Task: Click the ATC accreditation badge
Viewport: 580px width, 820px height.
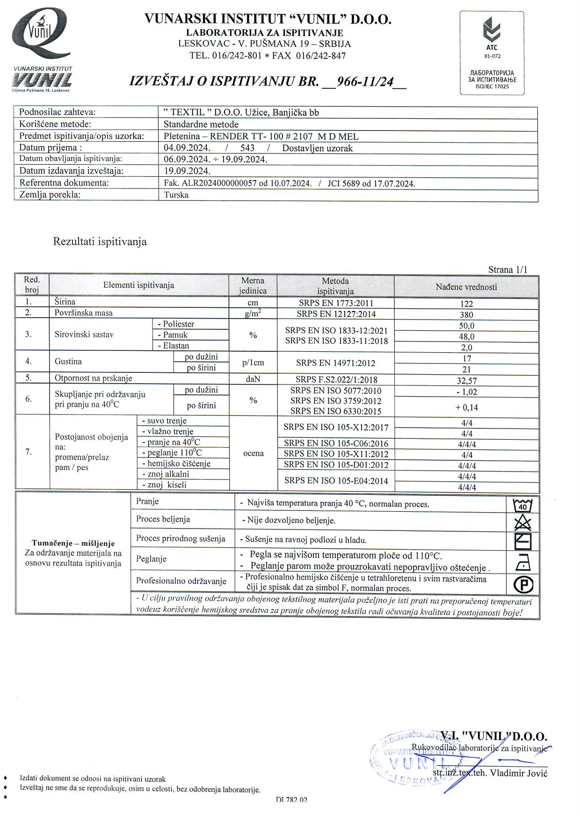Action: pos(492,53)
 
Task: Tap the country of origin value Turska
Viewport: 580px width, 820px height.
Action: pos(176,195)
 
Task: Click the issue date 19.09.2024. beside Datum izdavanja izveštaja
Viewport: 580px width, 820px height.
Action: pos(187,171)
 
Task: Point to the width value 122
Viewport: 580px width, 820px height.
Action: pos(466,304)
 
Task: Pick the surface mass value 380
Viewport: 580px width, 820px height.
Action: pos(466,315)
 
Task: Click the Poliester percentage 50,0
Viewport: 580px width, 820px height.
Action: pos(466,326)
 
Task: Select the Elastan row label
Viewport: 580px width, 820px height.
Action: pos(173,346)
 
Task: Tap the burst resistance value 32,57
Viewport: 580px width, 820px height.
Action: pos(466,381)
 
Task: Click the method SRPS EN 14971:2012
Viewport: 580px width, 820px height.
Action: pos(335,363)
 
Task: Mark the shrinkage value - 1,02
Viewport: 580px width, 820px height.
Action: pos(466,392)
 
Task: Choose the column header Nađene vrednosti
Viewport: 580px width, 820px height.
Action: pos(466,287)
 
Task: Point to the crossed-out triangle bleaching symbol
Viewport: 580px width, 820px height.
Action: pos(523,522)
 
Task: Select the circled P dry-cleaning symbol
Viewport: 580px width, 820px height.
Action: pos(523,584)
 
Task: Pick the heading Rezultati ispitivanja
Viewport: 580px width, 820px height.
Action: pos(100,242)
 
